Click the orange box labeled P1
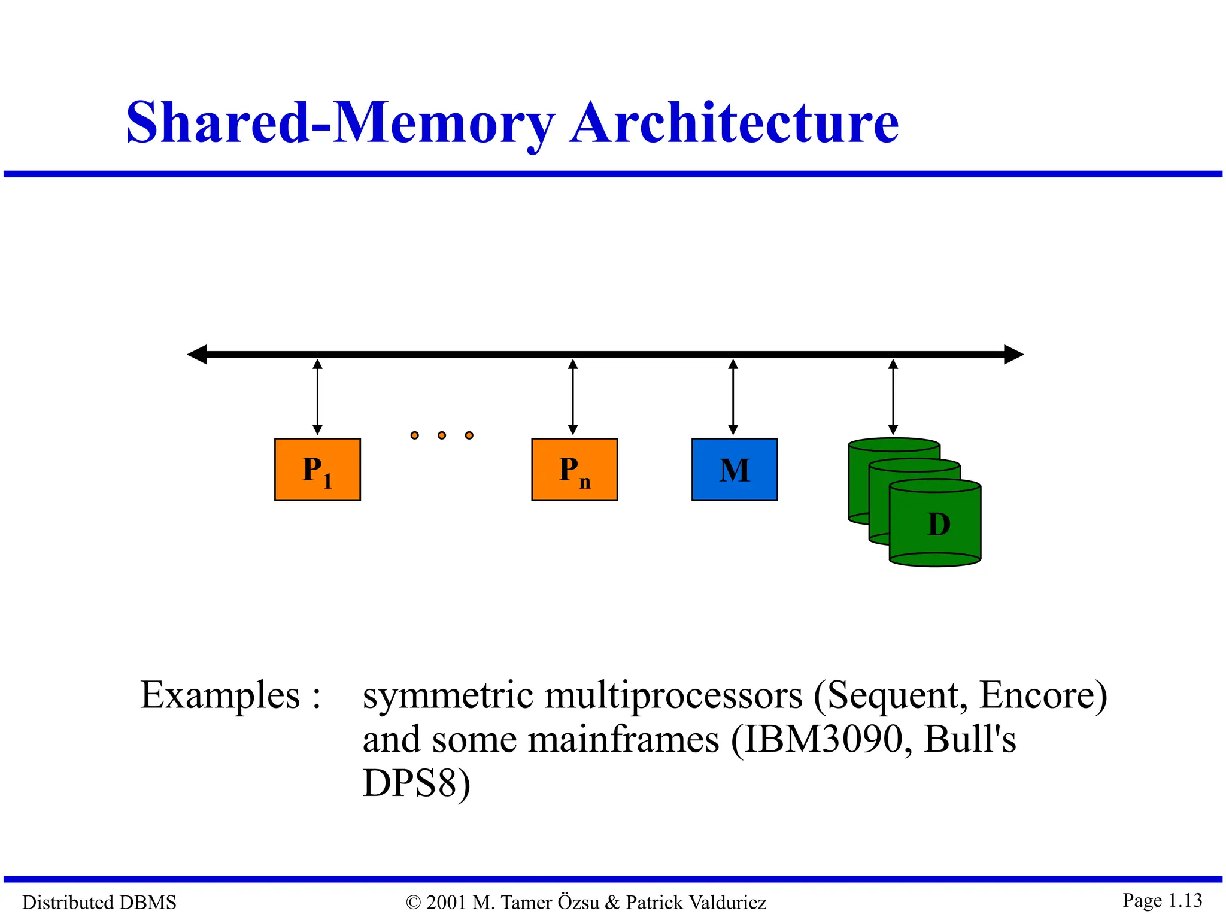coord(317,469)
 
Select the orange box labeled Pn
coord(574,469)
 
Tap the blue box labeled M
coord(735,469)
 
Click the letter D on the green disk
coord(938,525)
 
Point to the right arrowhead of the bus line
coord(1013,354)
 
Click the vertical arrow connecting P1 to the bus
coord(317,397)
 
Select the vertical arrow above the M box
coord(733,397)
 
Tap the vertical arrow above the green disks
coord(893,397)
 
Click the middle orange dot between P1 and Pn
coord(442,435)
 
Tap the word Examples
coord(220,695)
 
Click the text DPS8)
coord(417,783)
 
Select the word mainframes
coord(623,739)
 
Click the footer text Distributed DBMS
coord(99,902)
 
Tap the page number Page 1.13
coord(1162,900)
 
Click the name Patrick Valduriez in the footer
coord(696,902)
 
